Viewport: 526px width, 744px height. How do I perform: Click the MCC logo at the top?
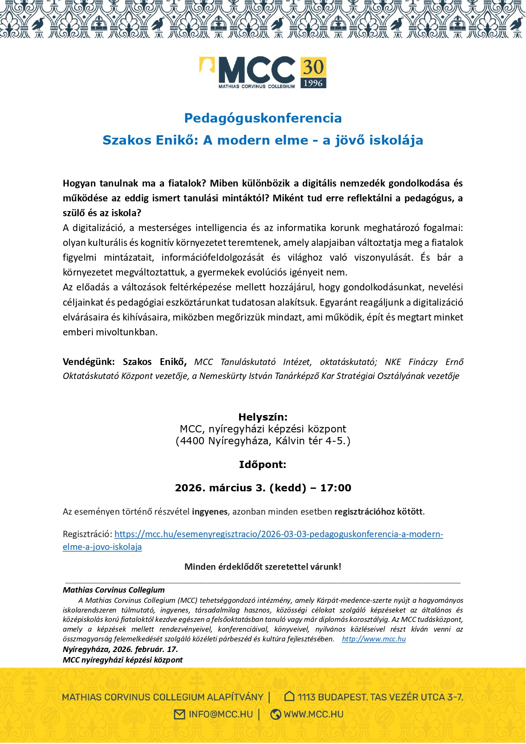click(x=256, y=71)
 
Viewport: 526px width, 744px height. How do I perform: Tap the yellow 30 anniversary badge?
click(x=313, y=67)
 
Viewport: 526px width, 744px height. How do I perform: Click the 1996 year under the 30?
click(x=313, y=83)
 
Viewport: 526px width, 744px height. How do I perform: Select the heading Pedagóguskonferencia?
click(x=263, y=118)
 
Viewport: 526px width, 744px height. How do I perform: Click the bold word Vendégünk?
click(x=88, y=362)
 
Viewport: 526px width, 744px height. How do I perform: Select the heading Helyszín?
click(x=263, y=417)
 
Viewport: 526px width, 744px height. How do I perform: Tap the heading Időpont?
click(x=262, y=465)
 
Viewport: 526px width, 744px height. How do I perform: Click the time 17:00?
click(x=336, y=488)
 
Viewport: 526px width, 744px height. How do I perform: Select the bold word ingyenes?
click(x=210, y=512)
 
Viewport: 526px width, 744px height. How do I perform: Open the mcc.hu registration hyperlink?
click(x=278, y=534)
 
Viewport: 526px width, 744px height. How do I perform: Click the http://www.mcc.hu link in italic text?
click(x=373, y=639)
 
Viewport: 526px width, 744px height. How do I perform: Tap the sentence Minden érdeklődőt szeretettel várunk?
click(x=263, y=567)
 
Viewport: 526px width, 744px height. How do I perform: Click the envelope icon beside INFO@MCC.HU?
click(x=180, y=714)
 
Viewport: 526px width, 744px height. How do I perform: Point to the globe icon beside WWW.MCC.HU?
click(x=276, y=714)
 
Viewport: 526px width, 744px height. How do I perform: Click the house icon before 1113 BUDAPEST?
click(x=289, y=696)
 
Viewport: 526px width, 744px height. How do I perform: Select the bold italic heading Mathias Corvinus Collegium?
click(x=114, y=590)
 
